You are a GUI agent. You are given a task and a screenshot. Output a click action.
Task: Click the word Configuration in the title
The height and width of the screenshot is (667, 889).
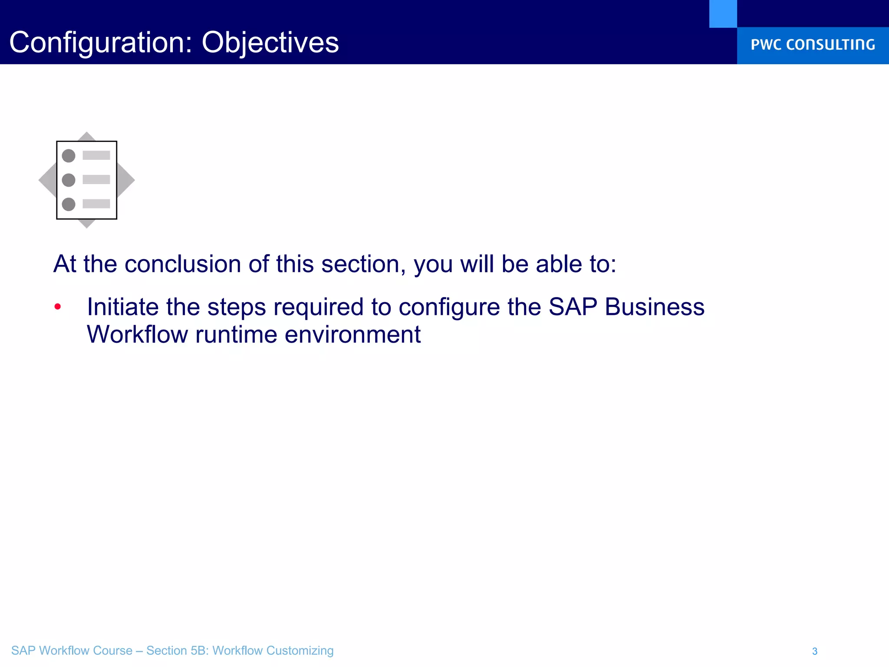pos(100,43)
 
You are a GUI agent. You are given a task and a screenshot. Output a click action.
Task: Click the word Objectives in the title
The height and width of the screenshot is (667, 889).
pos(270,43)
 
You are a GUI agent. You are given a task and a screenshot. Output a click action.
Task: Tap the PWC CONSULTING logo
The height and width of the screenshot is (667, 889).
pos(813,45)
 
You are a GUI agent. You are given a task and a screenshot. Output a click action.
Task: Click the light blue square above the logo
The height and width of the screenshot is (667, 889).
pos(723,13)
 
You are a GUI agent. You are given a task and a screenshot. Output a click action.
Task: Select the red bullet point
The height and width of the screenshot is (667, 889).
pos(58,307)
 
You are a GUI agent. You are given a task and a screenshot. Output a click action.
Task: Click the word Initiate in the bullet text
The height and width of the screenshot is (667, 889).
pos(123,307)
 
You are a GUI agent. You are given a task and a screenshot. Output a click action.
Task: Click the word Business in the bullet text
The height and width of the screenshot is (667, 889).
pos(655,307)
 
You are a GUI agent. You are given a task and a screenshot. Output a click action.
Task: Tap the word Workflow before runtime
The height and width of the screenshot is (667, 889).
pos(137,334)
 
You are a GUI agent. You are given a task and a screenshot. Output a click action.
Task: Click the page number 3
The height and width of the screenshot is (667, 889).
pos(815,651)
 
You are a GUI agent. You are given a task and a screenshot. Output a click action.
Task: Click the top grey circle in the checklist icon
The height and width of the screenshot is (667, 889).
pos(69,155)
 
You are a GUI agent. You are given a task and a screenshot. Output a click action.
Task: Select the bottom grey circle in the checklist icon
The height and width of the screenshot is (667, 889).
pos(69,204)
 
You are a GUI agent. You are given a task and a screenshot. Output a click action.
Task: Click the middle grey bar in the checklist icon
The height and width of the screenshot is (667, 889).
pos(96,179)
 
